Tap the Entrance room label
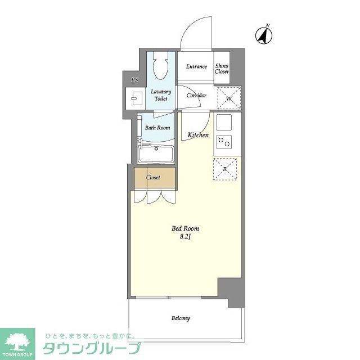(x=196, y=67)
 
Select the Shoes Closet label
(x=222, y=69)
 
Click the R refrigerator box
(x=225, y=168)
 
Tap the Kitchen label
(x=198, y=135)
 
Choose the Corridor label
(x=196, y=96)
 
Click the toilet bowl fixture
(x=161, y=68)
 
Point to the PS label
(x=134, y=80)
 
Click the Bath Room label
(x=157, y=128)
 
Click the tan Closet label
(x=153, y=178)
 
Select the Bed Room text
(x=185, y=228)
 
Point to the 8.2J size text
(x=185, y=237)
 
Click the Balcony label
(x=181, y=318)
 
